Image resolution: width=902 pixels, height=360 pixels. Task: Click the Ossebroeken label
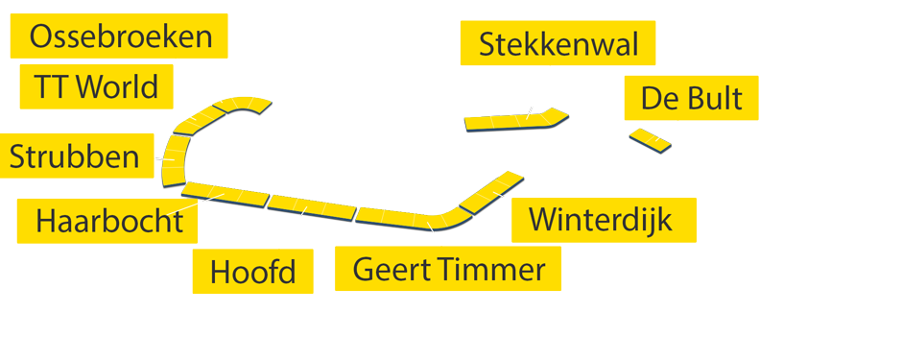120,37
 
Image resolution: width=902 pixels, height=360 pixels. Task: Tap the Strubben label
75,156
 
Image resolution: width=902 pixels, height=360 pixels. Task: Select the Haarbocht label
108,221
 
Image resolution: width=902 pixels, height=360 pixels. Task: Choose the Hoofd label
252,272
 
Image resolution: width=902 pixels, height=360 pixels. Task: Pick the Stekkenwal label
558,44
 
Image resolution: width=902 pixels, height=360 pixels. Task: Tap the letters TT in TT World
51,87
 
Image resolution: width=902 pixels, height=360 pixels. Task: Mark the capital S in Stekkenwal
487,44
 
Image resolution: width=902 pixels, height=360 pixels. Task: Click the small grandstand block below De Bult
650,140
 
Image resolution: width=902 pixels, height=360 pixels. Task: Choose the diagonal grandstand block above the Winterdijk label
491,192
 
